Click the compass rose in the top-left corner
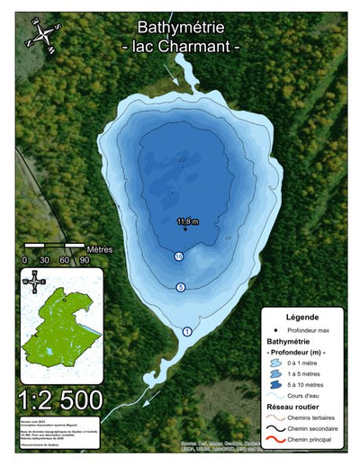click(42, 34)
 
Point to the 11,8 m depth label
click(187, 220)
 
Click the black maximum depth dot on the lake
click(185, 229)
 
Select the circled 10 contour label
click(179, 256)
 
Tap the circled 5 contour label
click(181, 287)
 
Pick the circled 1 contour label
click(187, 331)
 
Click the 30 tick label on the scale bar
click(43, 260)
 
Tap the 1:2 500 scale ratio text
click(60, 398)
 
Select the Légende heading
click(302, 318)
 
